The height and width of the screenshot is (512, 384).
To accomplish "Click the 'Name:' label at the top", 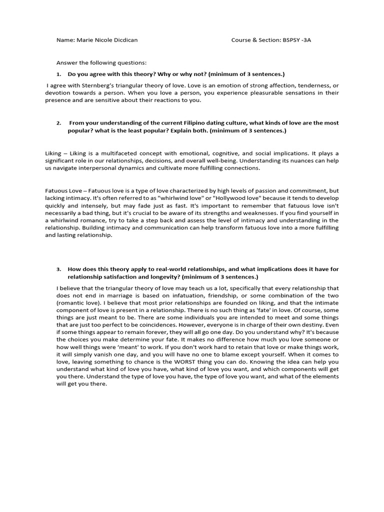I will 65,40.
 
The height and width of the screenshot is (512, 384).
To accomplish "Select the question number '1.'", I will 59,74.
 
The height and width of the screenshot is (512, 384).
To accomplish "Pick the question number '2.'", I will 59,123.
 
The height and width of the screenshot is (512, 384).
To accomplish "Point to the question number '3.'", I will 59,269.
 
